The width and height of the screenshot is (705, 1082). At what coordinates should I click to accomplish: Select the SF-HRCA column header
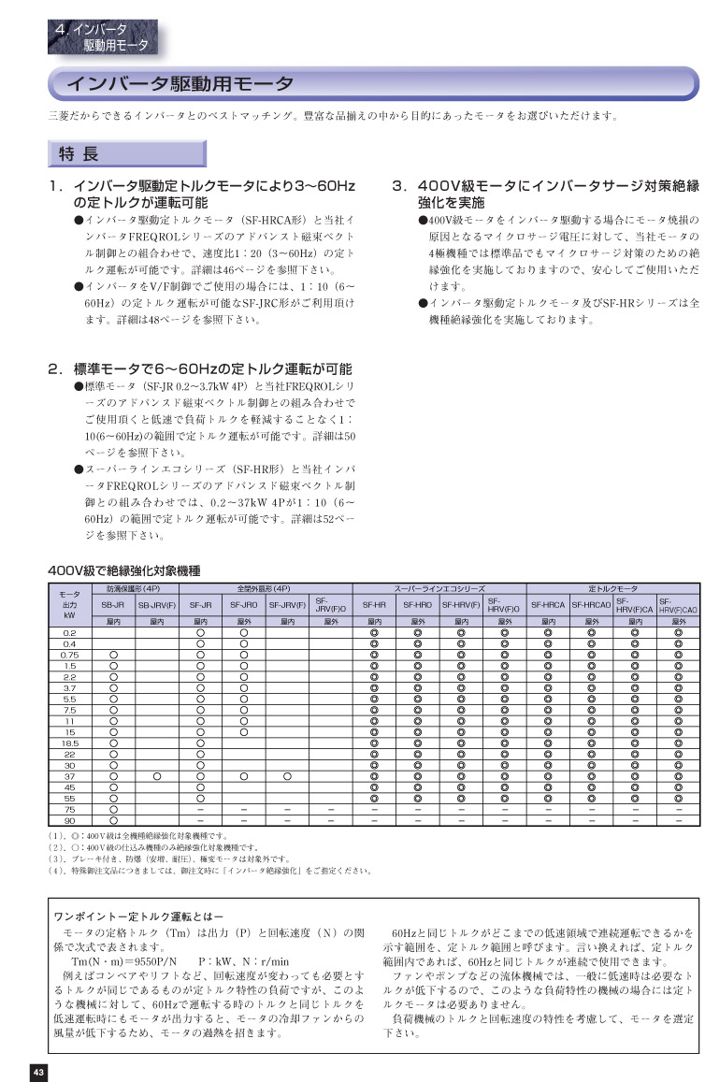(x=548, y=606)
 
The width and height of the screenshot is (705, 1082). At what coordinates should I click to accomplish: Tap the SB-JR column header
(x=113, y=606)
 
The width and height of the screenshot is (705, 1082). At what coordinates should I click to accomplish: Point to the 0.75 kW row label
(x=69, y=655)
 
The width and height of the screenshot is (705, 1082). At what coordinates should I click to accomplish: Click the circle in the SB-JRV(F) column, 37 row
(x=157, y=775)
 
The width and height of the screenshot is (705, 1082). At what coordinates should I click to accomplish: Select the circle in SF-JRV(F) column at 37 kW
(x=287, y=775)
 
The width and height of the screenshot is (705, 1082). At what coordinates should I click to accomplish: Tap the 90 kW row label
(x=69, y=819)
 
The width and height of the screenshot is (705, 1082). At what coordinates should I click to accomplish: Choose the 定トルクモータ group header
(x=613, y=589)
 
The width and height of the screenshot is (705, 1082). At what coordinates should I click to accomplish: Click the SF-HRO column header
(x=417, y=606)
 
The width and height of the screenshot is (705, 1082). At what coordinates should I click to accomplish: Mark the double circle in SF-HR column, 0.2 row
(x=373, y=633)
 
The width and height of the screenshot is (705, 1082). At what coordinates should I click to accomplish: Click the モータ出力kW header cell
(x=69, y=605)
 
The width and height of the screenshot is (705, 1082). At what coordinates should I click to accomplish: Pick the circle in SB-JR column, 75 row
(x=113, y=808)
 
